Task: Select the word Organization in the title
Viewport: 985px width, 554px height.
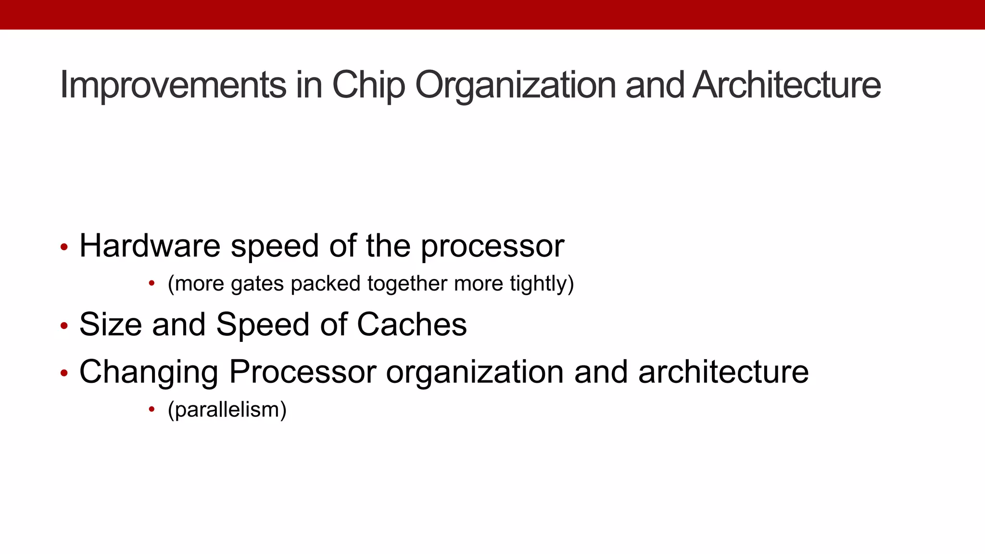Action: tap(515, 85)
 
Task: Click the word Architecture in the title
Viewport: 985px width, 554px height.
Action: tap(787, 85)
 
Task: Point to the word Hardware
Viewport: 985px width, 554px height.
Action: tap(150, 246)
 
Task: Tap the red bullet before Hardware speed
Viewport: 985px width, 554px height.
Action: tap(64, 248)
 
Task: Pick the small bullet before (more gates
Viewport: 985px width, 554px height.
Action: tap(152, 283)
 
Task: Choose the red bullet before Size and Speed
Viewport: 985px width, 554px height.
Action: tap(64, 326)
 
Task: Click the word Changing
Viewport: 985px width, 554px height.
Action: tap(149, 373)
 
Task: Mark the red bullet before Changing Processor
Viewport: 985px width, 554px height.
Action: tap(64, 373)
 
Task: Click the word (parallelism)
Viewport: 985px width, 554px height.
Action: tap(227, 410)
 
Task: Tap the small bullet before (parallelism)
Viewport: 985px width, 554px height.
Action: tap(152, 409)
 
